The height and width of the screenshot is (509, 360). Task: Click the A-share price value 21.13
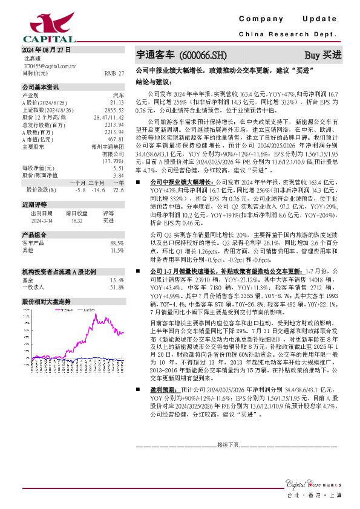pos(117,103)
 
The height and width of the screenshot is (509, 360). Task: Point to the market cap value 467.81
pos(116,139)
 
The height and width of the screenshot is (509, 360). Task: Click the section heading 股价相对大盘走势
pos(46,301)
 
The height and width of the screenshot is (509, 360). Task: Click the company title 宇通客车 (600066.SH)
pos(182,55)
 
